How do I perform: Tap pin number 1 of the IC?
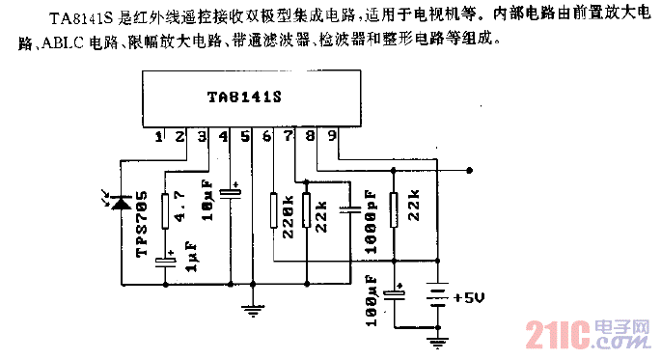(158, 137)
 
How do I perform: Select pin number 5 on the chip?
(244, 137)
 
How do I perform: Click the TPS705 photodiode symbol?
(121, 203)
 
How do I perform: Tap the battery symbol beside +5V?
(437, 294)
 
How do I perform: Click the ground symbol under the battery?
(437, 338)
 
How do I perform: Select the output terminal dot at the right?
(470, 170)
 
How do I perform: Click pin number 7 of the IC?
(288, 137)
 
